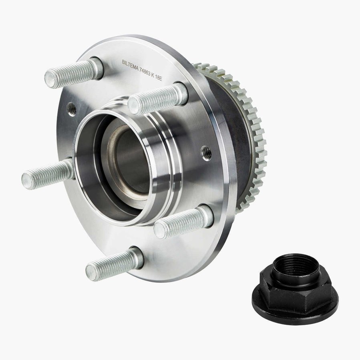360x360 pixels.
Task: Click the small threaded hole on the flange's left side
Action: [x=72, y=109]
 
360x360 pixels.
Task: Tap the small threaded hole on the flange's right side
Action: [x=206, y=153]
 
